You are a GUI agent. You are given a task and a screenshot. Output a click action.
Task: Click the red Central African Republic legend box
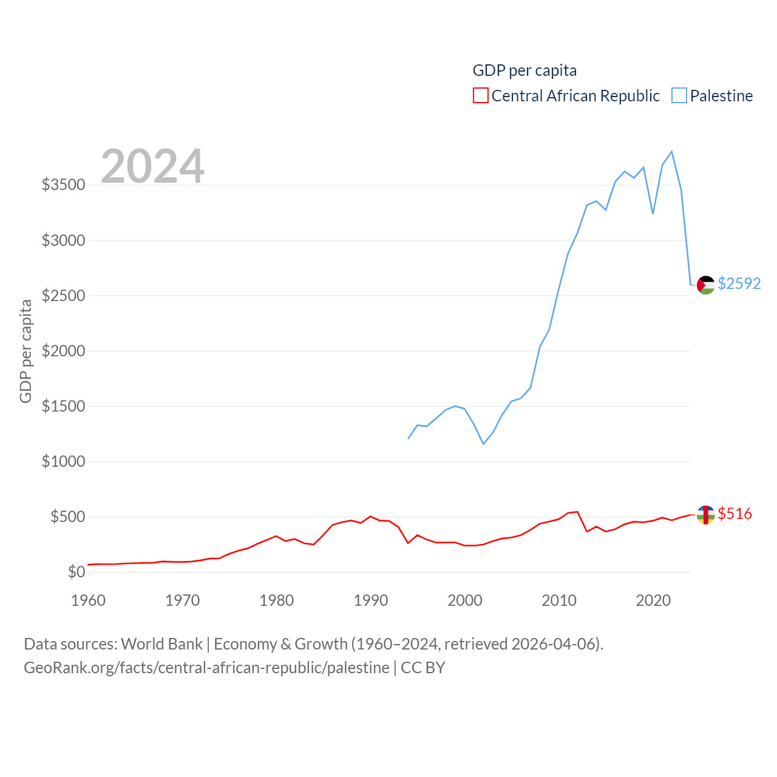[481, 96]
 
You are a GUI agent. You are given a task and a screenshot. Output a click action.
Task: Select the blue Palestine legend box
[679, 96]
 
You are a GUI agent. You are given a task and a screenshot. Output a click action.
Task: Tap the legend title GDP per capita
[524, 70]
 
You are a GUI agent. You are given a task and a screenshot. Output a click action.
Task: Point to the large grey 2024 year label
[152, 166]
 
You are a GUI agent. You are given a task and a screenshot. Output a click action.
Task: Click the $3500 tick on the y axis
[63, 185]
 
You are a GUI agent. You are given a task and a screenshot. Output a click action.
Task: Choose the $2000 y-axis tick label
[63, 351]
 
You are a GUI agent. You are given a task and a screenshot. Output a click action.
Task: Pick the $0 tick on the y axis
[76, 572]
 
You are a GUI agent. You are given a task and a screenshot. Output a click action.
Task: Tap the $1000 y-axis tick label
[63, 461]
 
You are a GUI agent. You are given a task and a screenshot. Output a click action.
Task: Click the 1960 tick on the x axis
[89, 600]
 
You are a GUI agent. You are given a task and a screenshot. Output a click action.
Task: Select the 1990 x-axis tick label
[371, 600]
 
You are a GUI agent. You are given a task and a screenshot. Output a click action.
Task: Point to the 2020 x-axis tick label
[653, 600]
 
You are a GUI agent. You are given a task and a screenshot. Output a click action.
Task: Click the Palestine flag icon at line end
[705, 285]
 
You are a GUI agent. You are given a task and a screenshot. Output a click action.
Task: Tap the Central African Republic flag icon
[705, 515]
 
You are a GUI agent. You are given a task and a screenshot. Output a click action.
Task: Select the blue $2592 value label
[739, 283]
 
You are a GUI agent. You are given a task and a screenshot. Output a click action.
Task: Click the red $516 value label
[735, 514]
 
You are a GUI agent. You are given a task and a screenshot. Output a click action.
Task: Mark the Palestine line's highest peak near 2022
[671, 151]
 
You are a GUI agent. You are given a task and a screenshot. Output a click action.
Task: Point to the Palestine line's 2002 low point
[483, 444]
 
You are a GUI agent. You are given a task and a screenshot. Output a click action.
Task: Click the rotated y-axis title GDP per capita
[25, 351]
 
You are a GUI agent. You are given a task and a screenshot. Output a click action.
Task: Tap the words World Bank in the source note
[161, 644]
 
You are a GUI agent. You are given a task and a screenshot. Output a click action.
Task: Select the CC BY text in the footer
[423, 668]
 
